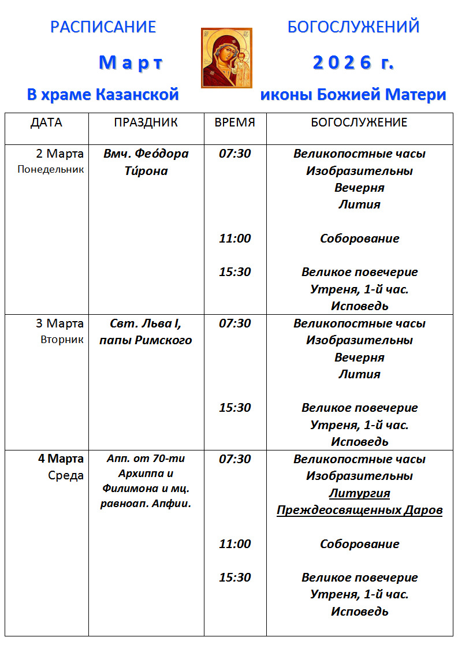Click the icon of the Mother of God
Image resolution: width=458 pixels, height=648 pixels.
coord(226,58)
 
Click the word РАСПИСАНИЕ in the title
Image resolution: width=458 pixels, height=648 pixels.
coord(103,27)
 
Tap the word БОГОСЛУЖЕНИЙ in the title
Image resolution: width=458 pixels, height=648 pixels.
coord(353,27)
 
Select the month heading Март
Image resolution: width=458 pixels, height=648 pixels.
coord(131,62)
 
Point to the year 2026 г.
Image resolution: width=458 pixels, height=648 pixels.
coord(353,62)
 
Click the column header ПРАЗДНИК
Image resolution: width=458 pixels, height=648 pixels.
coord(146,122)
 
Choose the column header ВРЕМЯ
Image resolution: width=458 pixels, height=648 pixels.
coord(234,122)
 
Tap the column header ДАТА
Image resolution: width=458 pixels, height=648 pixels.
coord(46,122)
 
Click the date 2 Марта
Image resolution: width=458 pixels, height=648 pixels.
coord(59,154)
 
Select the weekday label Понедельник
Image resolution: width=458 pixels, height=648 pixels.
coord(51,170)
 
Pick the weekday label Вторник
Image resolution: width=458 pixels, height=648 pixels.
coord(62,340)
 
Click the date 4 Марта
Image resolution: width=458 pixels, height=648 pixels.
coord(61,459)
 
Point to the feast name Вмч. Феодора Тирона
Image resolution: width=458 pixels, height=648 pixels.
coord(146,162)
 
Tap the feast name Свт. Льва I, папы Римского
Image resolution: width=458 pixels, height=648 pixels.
coord(146,332)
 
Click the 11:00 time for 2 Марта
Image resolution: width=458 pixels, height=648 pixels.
coord(235,239)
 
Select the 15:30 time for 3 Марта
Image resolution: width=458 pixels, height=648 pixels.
coord(235,408)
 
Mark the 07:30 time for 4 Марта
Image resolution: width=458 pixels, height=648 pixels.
coord(235,459)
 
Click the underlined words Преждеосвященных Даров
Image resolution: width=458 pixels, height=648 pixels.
coord(359,511)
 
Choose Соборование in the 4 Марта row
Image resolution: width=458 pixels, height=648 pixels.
coord(359,544)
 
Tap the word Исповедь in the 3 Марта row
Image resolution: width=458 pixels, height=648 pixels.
coord(359,442)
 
